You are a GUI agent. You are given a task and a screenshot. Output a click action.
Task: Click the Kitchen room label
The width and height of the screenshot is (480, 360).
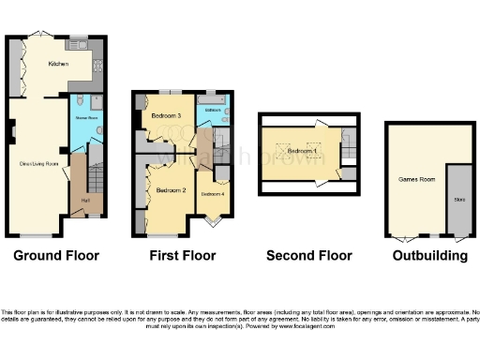point(58,65)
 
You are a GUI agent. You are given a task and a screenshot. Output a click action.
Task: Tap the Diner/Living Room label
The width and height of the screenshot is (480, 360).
point(39,164)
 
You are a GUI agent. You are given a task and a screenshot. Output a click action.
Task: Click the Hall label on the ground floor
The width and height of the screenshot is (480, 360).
point(85,199)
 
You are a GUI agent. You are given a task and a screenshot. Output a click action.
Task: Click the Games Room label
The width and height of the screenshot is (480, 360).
point(413,178)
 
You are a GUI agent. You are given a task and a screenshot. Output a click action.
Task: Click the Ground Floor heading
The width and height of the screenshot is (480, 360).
point(56,255)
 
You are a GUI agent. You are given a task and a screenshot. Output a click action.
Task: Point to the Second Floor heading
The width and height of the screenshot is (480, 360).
point(309,255)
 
